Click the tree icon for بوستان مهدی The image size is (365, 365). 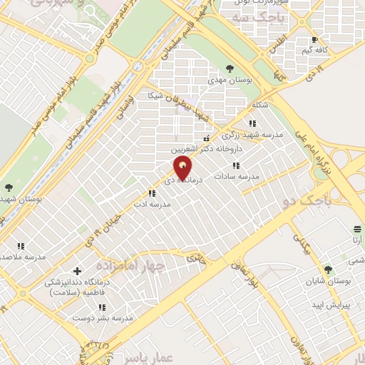[229, 68]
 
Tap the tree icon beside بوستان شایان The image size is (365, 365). [329, 269]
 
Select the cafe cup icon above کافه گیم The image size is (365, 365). [315, 39]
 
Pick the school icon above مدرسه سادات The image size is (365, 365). [237, 165]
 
